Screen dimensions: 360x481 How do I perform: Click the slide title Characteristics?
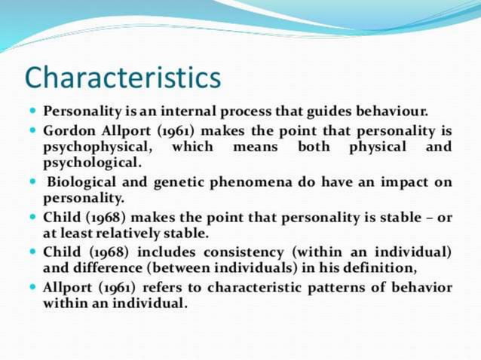123,78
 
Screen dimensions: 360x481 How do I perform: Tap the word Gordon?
66,130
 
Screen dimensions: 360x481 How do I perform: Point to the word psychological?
91,163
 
